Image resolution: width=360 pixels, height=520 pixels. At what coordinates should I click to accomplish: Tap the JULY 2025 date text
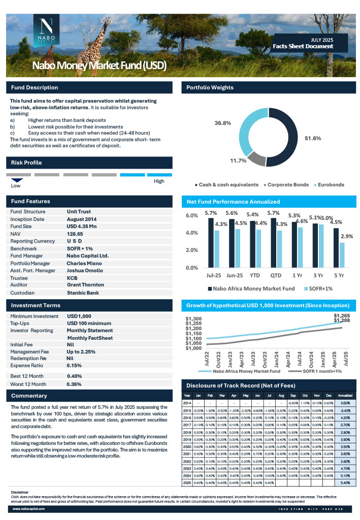(322, 40)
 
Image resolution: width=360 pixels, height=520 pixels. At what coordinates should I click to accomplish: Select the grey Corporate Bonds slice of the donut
(256, 159)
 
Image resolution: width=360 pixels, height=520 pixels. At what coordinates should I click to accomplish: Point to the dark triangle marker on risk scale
(17, 180)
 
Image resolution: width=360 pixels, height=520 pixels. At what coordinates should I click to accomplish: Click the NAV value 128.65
(75, 233)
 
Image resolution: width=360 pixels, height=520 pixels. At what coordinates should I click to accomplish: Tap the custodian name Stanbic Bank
(83, 293)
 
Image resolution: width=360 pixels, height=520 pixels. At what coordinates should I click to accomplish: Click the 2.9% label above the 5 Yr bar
(347, 237)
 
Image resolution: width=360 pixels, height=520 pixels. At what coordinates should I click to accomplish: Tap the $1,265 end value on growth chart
(342, 315)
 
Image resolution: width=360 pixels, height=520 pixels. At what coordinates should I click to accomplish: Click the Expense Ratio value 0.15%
(74, 365)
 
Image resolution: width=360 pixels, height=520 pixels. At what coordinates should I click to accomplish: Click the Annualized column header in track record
(345, 396)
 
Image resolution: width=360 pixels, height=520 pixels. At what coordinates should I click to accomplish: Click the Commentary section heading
(29, 396)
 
